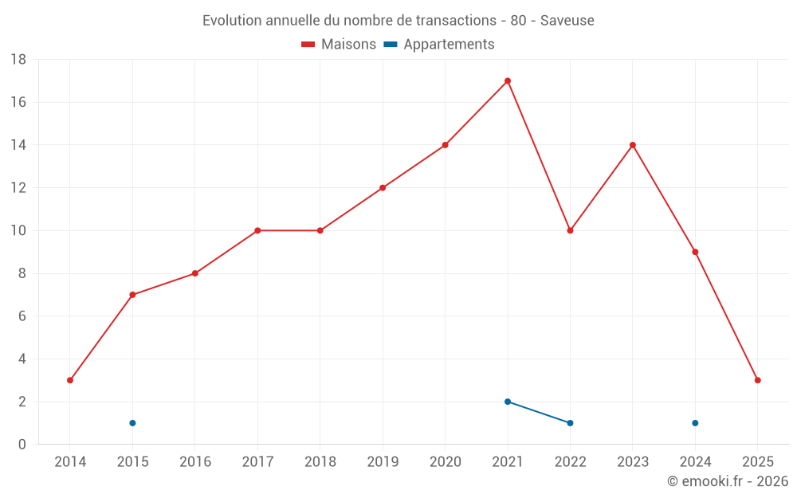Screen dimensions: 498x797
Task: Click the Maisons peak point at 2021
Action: [508, 80]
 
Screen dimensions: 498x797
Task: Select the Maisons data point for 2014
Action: [70, 380]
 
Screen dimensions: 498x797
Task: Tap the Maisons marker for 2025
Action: [757, 380]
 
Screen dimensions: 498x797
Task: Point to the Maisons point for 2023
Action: [633, 145]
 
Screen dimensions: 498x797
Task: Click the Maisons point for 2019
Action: [383, 188]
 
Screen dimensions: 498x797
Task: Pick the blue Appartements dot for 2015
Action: [132, 423]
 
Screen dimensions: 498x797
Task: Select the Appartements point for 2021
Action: [508, 402]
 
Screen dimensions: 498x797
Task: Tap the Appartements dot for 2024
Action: [695, 423]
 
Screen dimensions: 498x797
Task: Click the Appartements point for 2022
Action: [570, 423]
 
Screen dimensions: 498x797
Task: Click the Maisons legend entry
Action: [339, 45]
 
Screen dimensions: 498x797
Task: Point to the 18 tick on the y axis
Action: [18, 60]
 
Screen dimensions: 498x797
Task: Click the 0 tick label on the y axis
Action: [22, 445]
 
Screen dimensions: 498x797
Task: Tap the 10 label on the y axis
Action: [18, 231]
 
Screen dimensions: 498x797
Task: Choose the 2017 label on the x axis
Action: [257, 461]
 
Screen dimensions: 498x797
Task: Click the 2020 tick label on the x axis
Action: [445, 461]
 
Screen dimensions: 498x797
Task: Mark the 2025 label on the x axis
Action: [757, 461]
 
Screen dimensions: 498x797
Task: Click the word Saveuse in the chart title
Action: [567, 21]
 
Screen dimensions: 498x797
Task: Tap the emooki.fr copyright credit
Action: [727, 481]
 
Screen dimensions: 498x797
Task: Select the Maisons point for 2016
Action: [195, 273]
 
